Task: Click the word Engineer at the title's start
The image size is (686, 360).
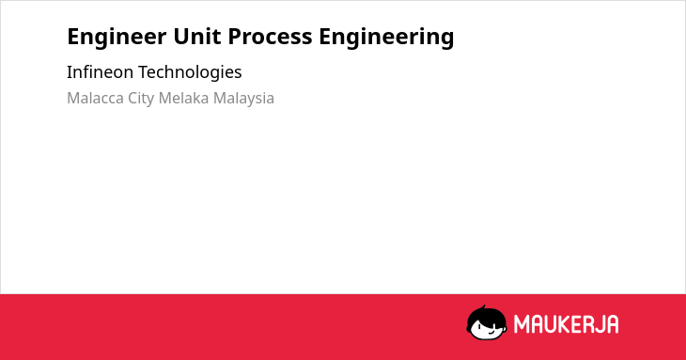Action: click(x=117, y=37)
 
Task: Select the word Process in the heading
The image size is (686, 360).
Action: click(x=270, y=37)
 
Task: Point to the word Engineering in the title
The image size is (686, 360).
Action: click(x=386, y=38)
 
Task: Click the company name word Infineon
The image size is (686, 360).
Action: click(x=101, y=71)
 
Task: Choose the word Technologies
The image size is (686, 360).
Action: click(x=190, y=72)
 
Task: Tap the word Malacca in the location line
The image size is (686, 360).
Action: click(x=95, y=98)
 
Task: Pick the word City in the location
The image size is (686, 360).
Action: click(x=141, y=99)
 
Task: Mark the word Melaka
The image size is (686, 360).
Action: click(x=183, y=98)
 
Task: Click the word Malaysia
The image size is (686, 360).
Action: click(x=243, y=99)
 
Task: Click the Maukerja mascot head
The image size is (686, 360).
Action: click(x=487, y=322)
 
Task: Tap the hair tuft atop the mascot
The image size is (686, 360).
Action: click(x=483, y=307)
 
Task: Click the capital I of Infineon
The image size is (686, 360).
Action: click(x=70, y=71)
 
